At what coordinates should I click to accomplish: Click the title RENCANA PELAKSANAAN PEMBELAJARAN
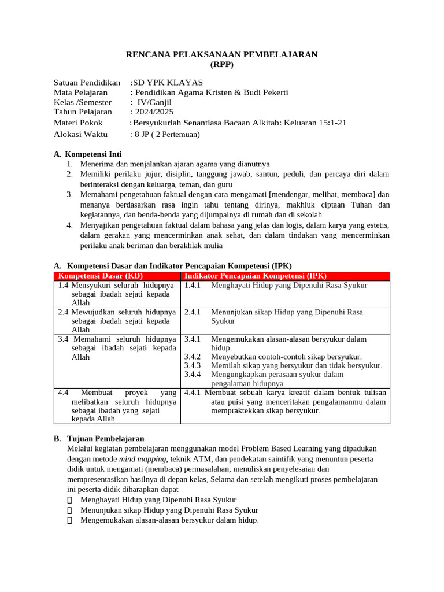(x=222, y=54)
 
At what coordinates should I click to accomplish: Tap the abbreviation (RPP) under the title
(x=222, y=64)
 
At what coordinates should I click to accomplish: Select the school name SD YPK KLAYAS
(x=168, y=82)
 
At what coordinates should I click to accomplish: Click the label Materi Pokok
(x=78, y=123)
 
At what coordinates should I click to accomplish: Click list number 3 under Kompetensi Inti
(x=69, y=195)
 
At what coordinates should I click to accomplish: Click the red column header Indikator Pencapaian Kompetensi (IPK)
(x=255, y=276)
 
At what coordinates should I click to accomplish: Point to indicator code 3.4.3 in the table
(x=192, y=365)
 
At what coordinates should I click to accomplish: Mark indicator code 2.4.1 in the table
(x=192, y=312)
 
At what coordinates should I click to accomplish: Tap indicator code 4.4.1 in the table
(x=192, y=393)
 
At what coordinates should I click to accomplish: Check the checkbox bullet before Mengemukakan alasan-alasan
(x=70, y=520)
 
